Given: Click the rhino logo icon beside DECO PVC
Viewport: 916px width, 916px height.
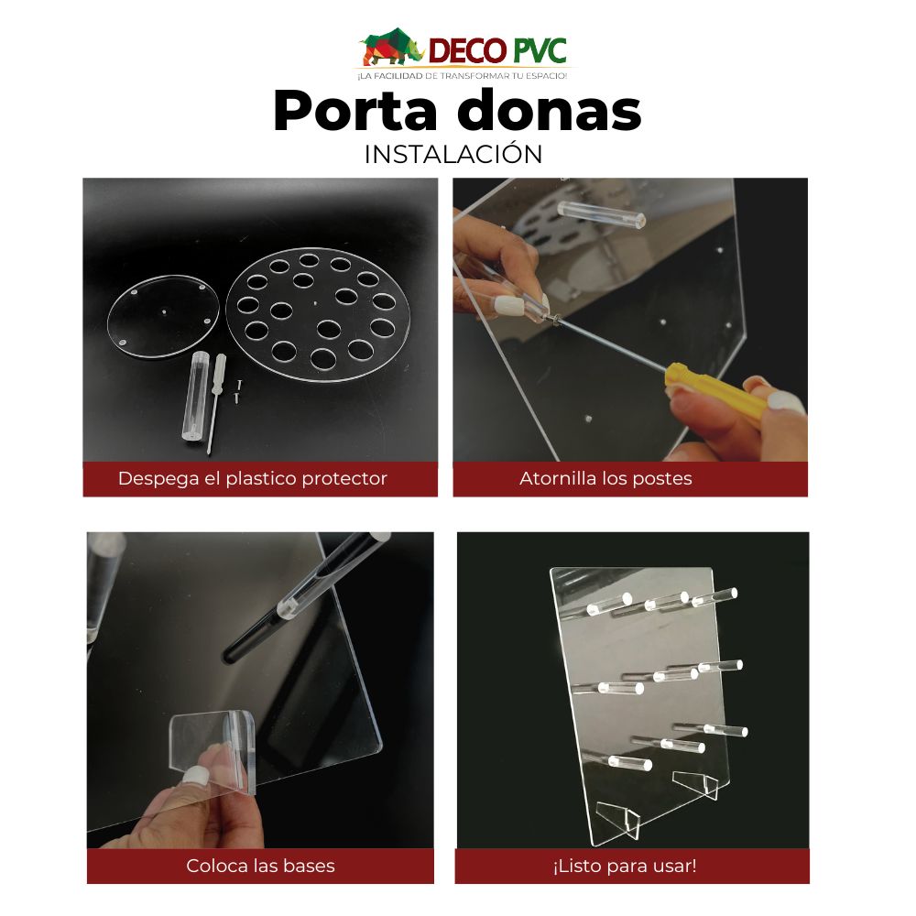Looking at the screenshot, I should click(x=391, y=47).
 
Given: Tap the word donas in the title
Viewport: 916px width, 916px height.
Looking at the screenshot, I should click(x=550, y=112).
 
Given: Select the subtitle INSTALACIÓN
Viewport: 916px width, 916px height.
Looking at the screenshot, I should click(x=453, y=154).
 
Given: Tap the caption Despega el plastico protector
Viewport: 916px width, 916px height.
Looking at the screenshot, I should click(x=253, y=478).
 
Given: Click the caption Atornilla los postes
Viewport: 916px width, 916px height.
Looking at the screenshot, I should click(x=605, y=478).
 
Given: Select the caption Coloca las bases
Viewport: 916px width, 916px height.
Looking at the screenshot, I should click(x=260, y=866).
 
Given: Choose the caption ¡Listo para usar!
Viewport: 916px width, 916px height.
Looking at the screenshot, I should click(x=624, y=866).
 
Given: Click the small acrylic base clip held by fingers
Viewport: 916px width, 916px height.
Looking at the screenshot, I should click(x=213, y=747).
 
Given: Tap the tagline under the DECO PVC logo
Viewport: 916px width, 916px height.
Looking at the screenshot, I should click(x=462, y=74).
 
